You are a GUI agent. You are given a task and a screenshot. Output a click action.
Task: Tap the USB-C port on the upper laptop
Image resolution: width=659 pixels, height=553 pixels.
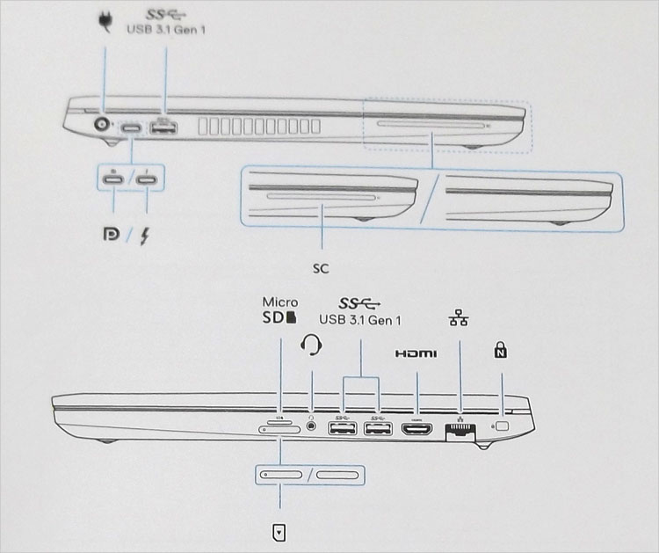(x=133, y=128)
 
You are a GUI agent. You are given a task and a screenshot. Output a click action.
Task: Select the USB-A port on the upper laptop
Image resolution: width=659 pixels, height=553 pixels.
(x=163, y=129)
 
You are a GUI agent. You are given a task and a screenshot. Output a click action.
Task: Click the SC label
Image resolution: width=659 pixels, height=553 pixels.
(x=321, y=264)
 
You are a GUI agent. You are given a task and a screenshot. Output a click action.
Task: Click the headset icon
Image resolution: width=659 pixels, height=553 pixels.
(x=312, y=344)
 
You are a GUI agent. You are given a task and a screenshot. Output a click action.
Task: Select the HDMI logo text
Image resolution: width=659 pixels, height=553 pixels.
(x=416, y=354)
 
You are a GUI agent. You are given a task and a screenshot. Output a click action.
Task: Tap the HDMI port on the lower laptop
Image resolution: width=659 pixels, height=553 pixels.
(x=416, y=429)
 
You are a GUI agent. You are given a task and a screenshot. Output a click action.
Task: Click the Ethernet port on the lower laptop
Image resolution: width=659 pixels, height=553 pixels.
(x=460, y=431)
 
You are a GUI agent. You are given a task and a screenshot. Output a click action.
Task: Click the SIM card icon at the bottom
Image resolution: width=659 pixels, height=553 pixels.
(x=279, y=532)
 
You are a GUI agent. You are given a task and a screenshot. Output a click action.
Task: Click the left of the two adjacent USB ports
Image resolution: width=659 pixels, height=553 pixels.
(x=341, y=429)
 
